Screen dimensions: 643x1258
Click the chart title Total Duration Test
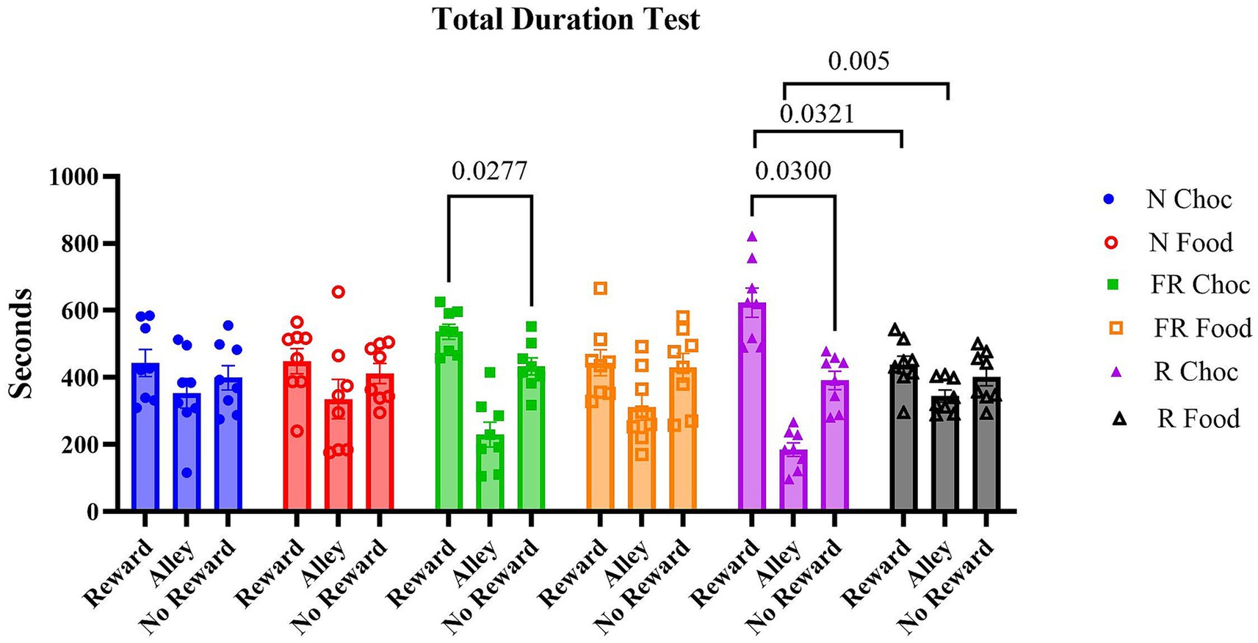pyautogui.click(x=566, y=20)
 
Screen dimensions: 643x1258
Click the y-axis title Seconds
pyautogui.click(x=21, y=344)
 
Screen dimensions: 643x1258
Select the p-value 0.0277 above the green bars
pyautogui.click(x=489, y=171)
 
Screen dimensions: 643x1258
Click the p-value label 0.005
pyautogui.click(x=858, y=61)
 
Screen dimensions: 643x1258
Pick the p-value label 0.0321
pyautogui.click(x=817, y=114)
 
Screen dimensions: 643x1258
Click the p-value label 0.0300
pyautogui.click(x=793, y=171)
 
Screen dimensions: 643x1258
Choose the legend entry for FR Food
pyautogui.click(x=1202, y=328)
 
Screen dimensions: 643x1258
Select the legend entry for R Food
pyautogui.click(x=1198, y=419)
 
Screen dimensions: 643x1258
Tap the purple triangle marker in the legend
pyautogui.click(x=1115, y=372)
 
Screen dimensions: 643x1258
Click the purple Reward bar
pyautogui.click(x=752, y=411)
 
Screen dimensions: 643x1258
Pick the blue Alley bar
pyautogui.click(x=187, y=455)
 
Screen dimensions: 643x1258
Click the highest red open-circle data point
pyautogui.click(x=338, y=292)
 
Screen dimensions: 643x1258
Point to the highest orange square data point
pyautogui.click(x=600, y=288)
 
